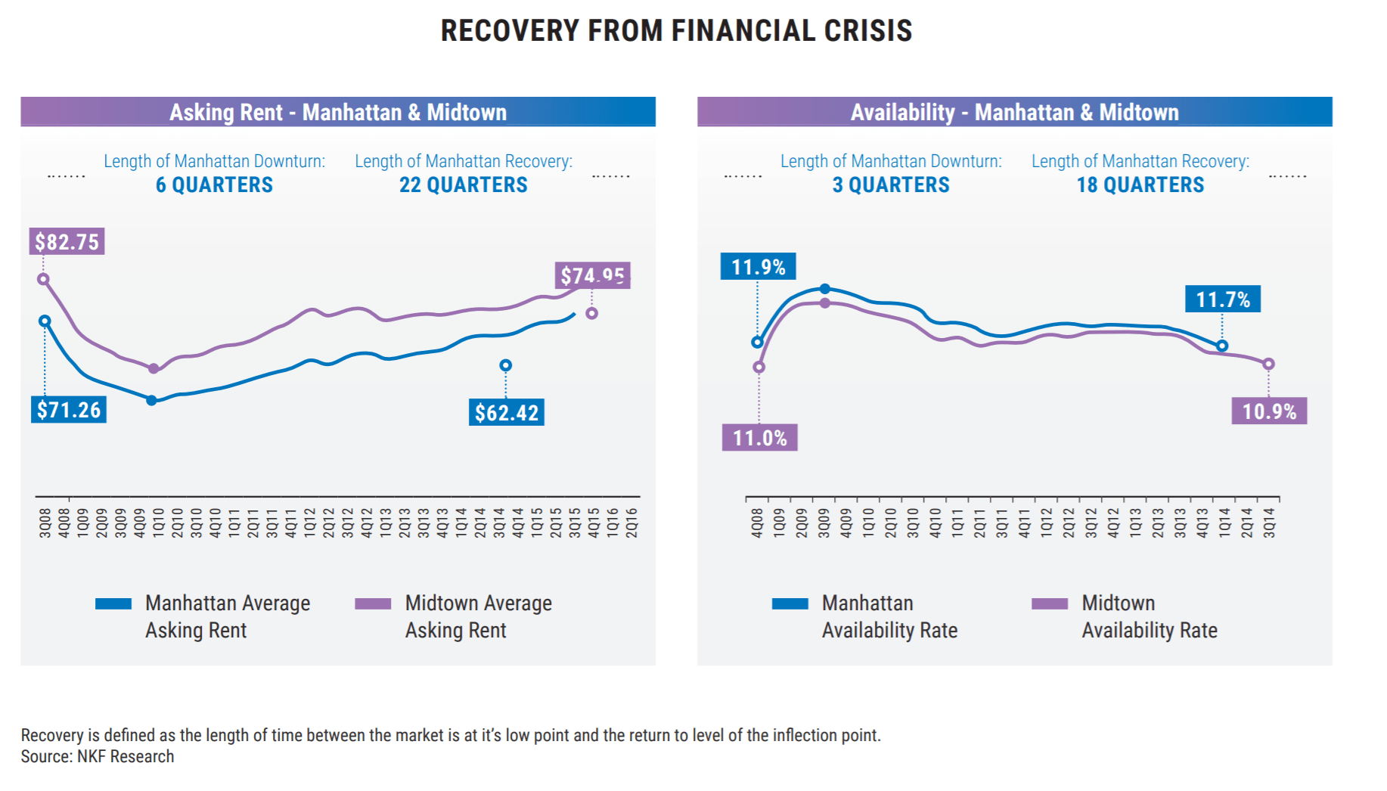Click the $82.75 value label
click(x=67, y=242)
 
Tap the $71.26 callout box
click(x=69, y=410)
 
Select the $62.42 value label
click(x=506, y=413)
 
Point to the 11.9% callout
click(x=758, y=267)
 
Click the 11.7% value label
click(x=1222, y=299)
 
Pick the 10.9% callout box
click(x=1269, y=411)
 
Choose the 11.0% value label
click(x=759, y=438)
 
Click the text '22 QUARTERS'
click(x=463, y=185)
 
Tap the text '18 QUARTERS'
click(x=1140, y=185)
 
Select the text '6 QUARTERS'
click(x=214, y=185)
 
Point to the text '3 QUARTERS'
click(x=890, y=185)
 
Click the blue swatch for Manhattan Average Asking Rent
click(x=113, y=603)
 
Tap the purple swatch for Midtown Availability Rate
click(x=1050, y=603)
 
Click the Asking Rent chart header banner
click(x=338, y=112)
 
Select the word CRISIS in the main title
click(x=867, y=31)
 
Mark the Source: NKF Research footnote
click(x=98, y=757)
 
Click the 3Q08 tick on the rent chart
click(x=45, y=523)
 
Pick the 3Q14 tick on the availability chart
click(x=1269, y=523)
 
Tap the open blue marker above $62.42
click(x=506, y=366)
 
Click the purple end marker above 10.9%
click(x=1269, y=364)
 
